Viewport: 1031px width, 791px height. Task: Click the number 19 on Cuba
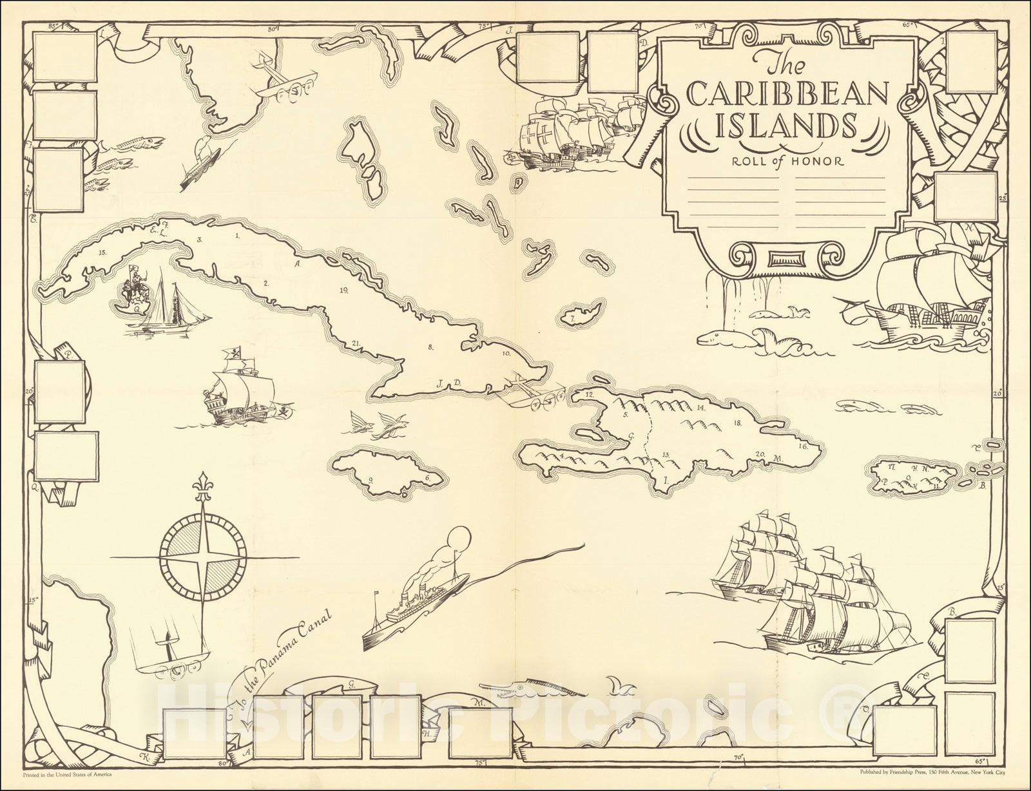tap(345, 291)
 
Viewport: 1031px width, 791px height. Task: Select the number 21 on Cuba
tap(356, 343)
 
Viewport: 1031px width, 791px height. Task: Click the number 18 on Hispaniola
tap(737, 423)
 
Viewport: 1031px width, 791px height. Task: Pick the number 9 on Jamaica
tap(371, 479)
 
